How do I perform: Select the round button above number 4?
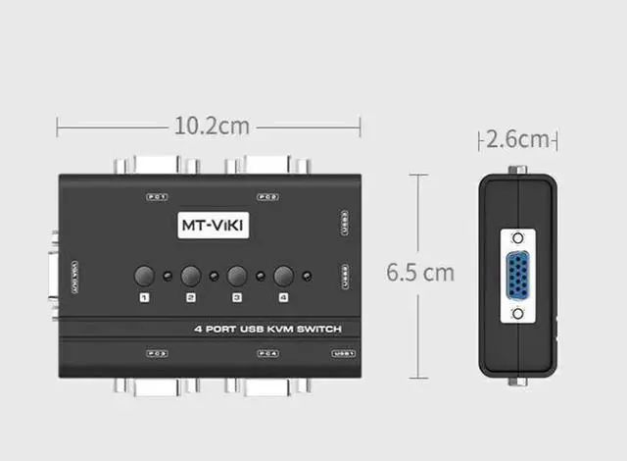284,277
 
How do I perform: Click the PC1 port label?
156,196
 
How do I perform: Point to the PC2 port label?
267,196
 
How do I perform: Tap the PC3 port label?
157,353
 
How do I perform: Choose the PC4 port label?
267,353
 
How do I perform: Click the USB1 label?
343,353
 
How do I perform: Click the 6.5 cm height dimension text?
420,272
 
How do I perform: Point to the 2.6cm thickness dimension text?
517,139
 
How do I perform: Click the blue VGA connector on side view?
517,276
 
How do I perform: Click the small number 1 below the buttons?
144,297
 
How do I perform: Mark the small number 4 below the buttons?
284,297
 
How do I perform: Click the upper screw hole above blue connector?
517,236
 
